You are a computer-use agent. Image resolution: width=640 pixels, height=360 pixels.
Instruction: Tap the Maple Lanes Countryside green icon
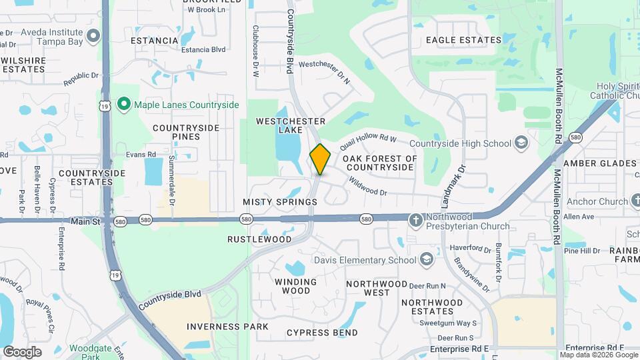click(123, 105)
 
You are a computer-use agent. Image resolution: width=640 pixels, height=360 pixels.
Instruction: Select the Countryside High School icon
click(521, 143)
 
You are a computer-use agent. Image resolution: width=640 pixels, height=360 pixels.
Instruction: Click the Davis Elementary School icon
click(427, 260)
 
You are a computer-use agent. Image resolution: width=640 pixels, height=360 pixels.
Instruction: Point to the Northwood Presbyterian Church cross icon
click(415, 219)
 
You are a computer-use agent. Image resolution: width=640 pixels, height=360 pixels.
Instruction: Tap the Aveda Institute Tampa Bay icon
click(93, 35)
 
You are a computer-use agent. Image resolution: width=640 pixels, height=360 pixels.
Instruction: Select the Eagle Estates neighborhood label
click(463, 40)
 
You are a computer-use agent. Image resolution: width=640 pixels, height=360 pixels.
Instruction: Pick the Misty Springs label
click(280, 202)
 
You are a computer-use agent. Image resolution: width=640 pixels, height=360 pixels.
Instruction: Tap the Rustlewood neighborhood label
click(259, 239)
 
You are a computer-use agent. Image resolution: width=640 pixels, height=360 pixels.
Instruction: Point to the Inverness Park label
click(227, 327)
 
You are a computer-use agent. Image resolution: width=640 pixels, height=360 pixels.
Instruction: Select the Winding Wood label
click(292, 286)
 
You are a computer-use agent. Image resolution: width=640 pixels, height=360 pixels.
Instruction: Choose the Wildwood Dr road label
click(367, 187)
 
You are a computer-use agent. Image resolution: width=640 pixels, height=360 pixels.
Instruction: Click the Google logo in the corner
click(23, 351)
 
